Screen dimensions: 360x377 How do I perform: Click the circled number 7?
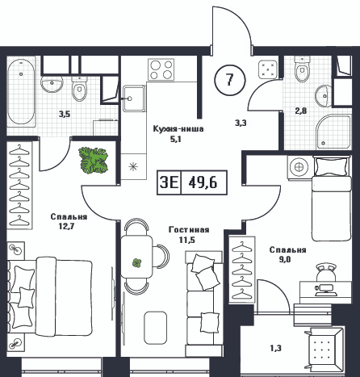click(x=229, y=80)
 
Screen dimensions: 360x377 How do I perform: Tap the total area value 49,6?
click(x=203, y=183)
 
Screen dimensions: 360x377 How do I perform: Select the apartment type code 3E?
click(x=170, y=183)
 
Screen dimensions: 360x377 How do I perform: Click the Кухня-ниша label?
click(x=178, y=129)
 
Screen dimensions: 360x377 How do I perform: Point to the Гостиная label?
click(x=189, y=230)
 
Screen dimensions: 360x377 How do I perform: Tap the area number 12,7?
click(x=66, y=226)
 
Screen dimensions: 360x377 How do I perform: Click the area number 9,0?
click(x=285, y=259)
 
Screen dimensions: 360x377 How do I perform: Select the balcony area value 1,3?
click(x=275, y=349)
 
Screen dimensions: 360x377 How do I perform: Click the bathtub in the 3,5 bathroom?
click(x=21, y=94)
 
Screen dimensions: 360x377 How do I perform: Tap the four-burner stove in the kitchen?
click(x=161, y=69)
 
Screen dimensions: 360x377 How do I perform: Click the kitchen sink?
click(x=134, y=98)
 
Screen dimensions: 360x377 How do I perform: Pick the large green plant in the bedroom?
click(x=93, y=160)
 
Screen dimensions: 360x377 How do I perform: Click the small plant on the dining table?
click(x=137, y=262)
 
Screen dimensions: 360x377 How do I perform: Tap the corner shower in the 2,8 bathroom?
click(x=333, y=132)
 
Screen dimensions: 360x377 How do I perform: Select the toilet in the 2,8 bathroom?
click(x=302, y=69)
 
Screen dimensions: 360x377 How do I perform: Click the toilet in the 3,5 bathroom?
click(x=80, y=88)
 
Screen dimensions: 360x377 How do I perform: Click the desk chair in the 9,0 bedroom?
click(x=326, y=272)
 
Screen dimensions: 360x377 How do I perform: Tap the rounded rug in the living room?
click(x=155, y=328)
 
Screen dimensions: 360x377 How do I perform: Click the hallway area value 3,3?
click(x=241, y=123)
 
